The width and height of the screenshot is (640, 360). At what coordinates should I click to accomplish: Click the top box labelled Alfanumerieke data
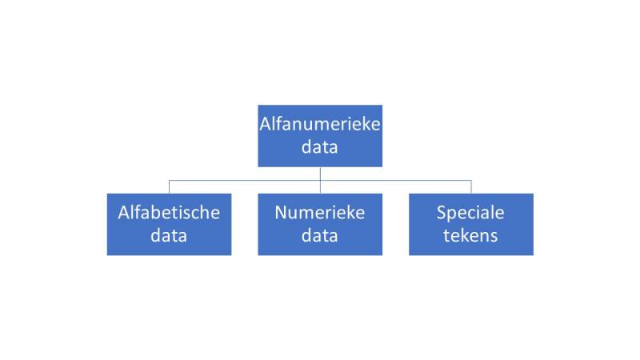(319, 135)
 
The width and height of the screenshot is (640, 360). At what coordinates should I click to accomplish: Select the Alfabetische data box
(169, 224)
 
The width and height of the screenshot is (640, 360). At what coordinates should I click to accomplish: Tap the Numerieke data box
(319, 224)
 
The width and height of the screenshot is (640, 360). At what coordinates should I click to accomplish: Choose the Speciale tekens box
(470, 224)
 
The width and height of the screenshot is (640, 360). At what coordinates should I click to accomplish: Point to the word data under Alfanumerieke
(320, 147)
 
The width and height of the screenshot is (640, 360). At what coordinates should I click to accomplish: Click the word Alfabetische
(169, 213)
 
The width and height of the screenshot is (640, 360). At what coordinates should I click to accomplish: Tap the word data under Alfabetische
(169, 236)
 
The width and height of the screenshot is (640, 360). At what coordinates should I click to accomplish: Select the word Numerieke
(320, 213)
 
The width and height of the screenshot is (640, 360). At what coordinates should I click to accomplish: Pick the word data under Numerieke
(320, 236)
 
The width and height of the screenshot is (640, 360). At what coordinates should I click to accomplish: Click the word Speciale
(470, 213)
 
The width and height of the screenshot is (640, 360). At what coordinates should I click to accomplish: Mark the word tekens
(470, 236)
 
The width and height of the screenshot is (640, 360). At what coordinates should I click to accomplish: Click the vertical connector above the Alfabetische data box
(169, 186)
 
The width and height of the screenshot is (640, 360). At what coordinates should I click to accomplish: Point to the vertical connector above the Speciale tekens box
(470, 186)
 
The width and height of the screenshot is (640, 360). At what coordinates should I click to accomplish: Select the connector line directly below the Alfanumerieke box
(320, 173)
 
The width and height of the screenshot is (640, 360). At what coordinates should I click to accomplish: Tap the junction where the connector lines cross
(320, 180)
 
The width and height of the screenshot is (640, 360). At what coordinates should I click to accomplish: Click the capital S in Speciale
(441, 213)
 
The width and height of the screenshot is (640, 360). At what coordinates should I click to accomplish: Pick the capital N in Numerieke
(281, 213)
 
